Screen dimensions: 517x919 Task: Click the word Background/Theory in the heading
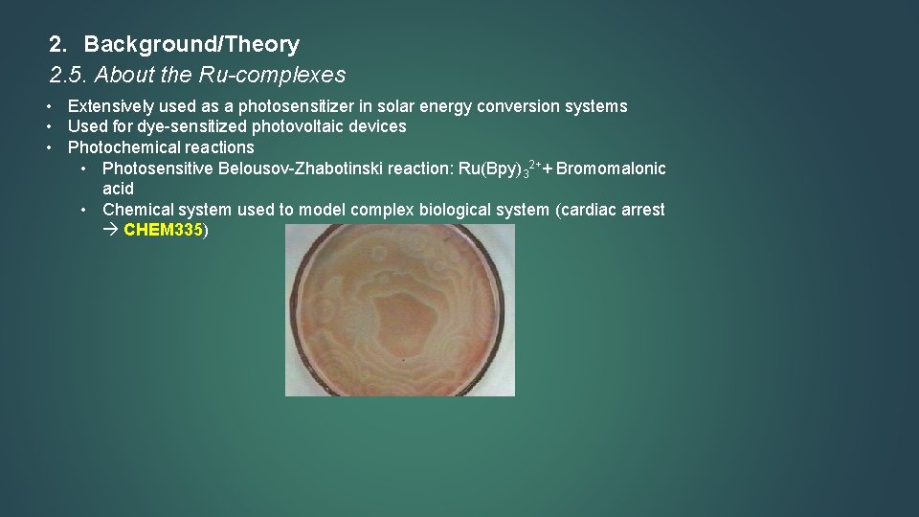[x=191, y=44]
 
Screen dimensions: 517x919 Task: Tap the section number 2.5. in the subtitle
[x=68, y=74]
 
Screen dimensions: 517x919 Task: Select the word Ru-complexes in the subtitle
[x=284, y=74]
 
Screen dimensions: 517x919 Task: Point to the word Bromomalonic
[x=611, y=169]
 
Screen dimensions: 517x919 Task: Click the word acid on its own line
[x=118, y=189]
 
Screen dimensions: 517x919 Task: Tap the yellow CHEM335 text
[x=164, y=231]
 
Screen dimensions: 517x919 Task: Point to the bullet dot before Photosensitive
[x=85, y=169]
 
